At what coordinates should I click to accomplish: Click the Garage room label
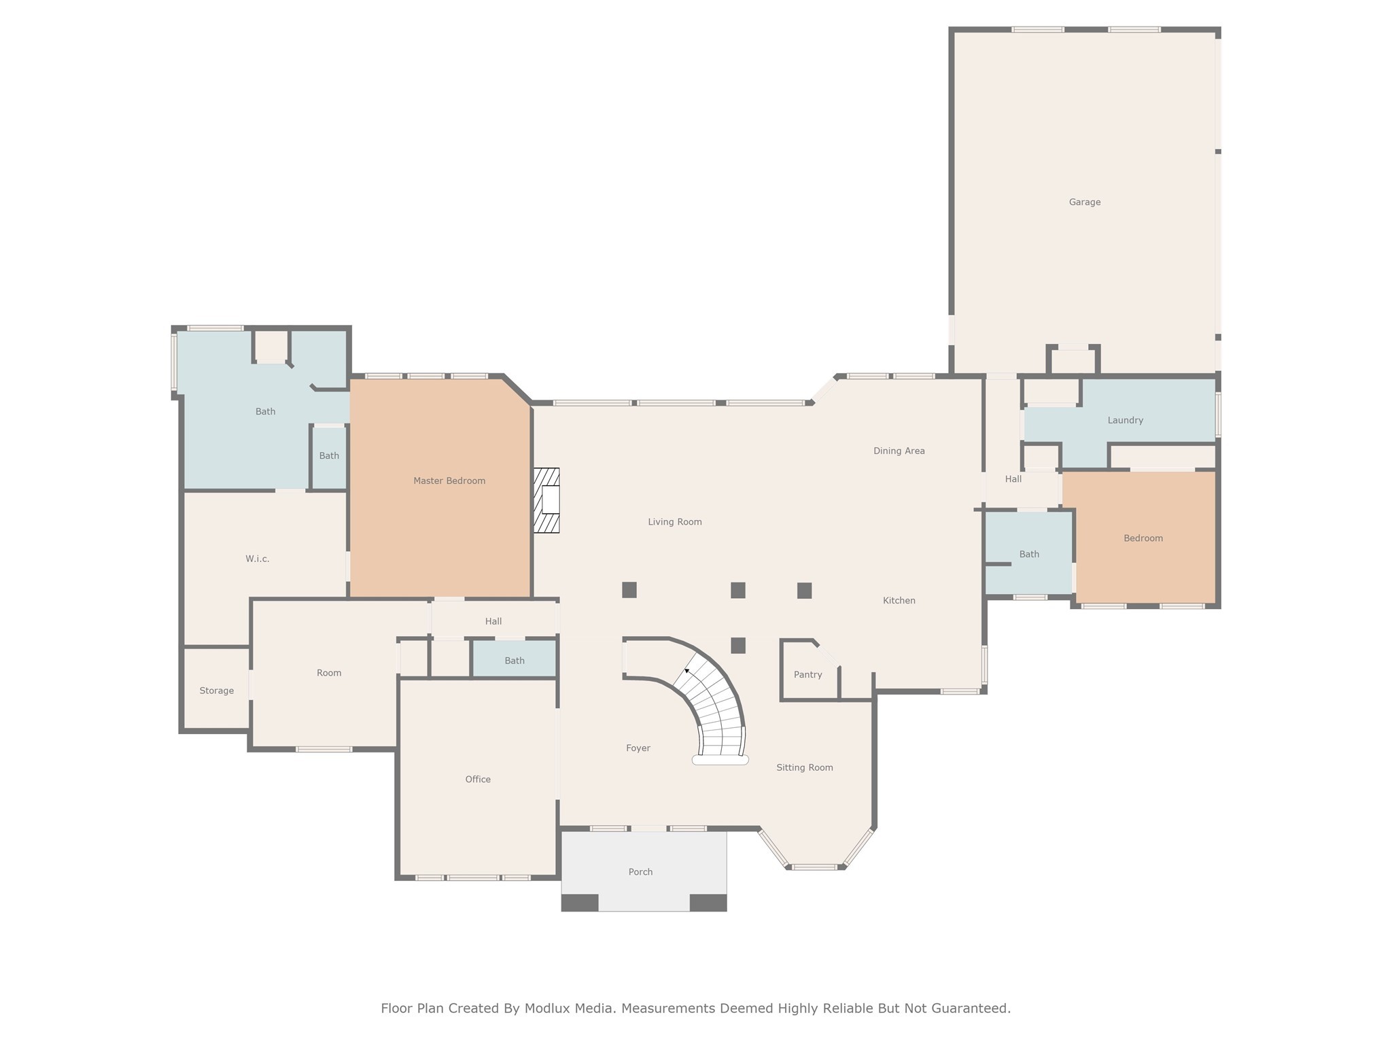tap(1084, 202)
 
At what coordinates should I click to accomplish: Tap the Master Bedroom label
tap(449, 481)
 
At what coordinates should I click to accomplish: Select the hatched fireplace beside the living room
tap(546, 500)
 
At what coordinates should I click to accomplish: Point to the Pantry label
tap(807, 674)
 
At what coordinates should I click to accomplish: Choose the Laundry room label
tap(1125, 420)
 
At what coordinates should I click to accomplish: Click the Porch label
tap(640, 871)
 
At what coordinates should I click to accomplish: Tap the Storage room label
tap(216, 691)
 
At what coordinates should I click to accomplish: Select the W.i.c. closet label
tap(257, 559)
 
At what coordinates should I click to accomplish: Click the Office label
tap(478, 779)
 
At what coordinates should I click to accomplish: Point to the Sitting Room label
tap(804, 767)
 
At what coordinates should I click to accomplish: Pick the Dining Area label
tap(899, 451)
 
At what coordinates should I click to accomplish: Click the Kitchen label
tap(899, 600)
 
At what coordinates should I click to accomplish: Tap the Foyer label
tap(638, 748)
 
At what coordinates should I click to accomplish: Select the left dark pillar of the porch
tap(580, 903)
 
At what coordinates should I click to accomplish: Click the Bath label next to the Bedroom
tap(1029, 554)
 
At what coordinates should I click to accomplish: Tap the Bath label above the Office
tap(515, 661)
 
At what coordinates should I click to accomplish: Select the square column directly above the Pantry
tap(804, 590)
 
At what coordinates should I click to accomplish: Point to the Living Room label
tap(674, 522)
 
